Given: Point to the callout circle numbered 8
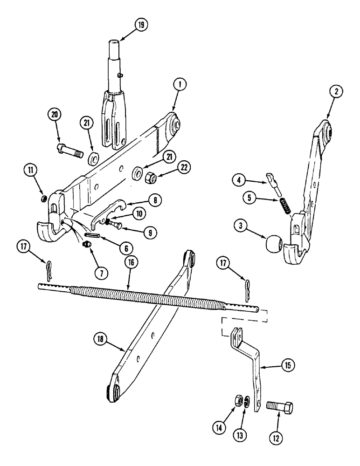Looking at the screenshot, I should tap(155, 200).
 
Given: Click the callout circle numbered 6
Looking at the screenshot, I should tap(125, 249).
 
